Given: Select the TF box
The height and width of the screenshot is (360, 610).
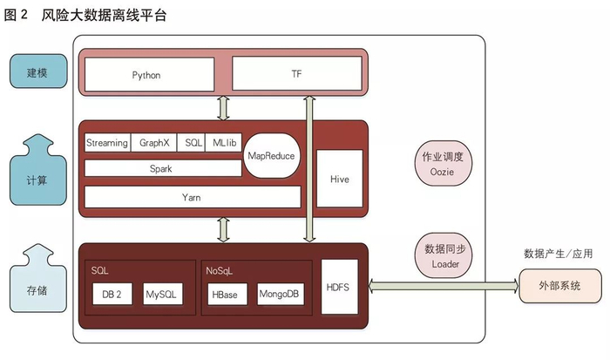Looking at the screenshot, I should point(296,75).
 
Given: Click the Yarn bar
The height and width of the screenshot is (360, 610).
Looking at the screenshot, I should point(193,197).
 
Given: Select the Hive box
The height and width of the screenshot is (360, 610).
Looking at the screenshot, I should point(339,179).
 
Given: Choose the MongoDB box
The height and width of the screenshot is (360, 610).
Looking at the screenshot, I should point(279,295).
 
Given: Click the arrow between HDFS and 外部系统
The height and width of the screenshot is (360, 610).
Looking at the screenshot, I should point(443,286).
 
